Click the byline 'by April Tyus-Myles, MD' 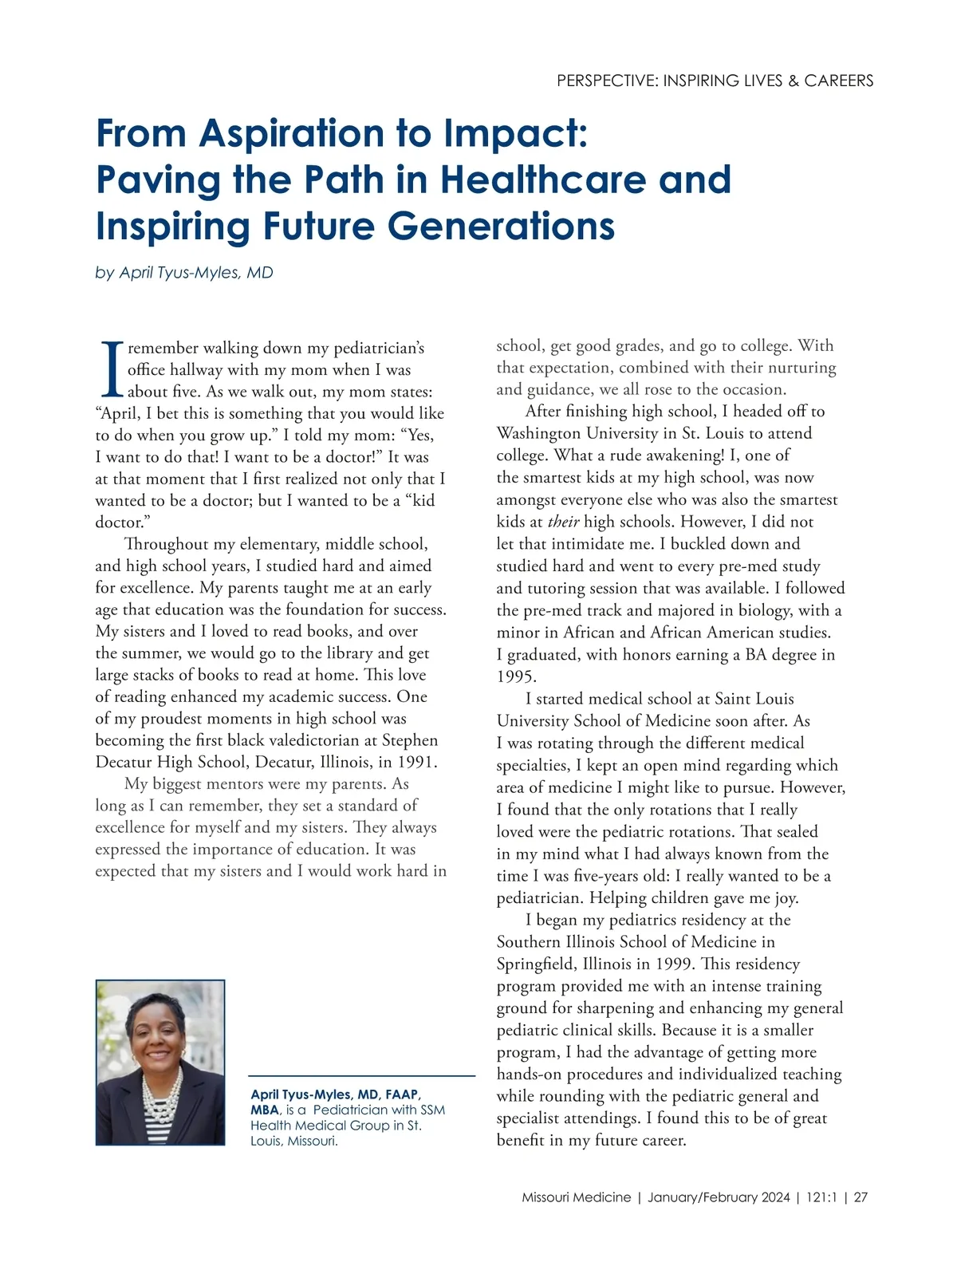184,273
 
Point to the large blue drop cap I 110,369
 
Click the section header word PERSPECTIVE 607,81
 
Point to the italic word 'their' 563,523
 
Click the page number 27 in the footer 861,1197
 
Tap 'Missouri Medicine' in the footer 576,1197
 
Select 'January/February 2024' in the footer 719,1197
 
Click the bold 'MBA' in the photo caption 265,1110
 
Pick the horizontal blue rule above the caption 362,1076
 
